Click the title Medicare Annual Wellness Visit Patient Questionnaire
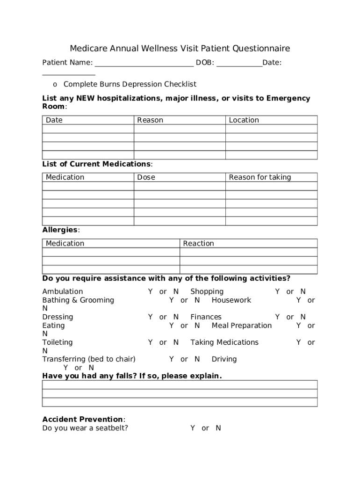tap(180, 49)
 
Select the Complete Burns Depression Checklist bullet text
tap(130, 84)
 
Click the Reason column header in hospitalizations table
tap(150, 120)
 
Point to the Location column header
tap(244, 120)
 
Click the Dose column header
tap(146, 177)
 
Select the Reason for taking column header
tap(259, 177)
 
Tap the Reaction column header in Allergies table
tap(198, 244)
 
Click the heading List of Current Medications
tap(97, 164)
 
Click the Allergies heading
tap(60, 230)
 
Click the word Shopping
tap(207, 292)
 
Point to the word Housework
tap(231, 300)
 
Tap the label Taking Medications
tap(224, 342)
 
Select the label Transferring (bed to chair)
tap(89, 359)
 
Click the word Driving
tap(224, 359)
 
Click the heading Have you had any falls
tap(132, 376)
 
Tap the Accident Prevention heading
tap(83, 419)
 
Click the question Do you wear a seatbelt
tap(85, 428)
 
